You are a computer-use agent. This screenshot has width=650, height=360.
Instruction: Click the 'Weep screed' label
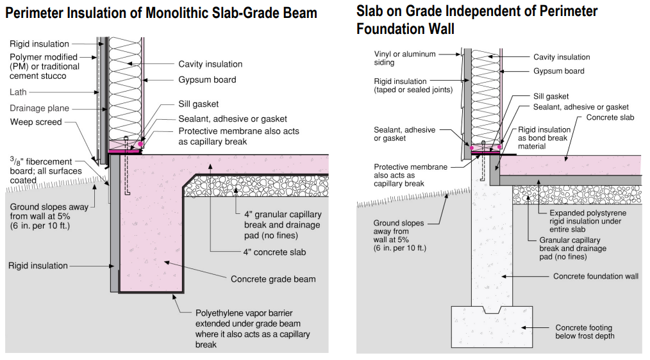(36, 122)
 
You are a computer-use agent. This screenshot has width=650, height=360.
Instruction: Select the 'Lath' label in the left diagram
(19, 92)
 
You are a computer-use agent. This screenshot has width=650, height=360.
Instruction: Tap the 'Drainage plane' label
(39, 108)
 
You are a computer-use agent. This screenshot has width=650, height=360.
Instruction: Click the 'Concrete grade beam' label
(273, 279)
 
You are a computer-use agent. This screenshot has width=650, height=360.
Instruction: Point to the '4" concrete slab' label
(274, 252)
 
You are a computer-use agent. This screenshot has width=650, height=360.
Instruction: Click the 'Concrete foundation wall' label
(596, 276)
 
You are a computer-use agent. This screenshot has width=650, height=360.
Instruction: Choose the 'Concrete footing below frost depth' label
(585, 332)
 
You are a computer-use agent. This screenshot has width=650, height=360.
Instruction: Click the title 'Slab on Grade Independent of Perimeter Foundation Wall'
(477, 20)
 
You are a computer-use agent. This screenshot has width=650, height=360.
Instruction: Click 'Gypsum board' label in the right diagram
(558, 71)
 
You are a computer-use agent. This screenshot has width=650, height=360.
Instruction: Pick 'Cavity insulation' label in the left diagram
(210, 64)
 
